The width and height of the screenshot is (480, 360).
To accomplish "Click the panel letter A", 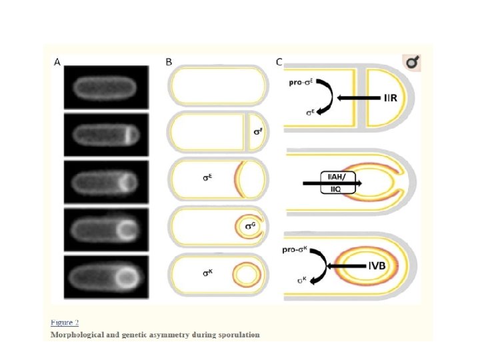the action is [x=57, y=62].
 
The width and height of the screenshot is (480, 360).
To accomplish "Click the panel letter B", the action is [x=169, y=62].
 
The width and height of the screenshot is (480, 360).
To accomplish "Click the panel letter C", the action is [x=279, y=62].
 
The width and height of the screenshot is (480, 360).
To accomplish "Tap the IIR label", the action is [x=391, y=98].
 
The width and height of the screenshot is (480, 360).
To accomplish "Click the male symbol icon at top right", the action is [x=413, y=63].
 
